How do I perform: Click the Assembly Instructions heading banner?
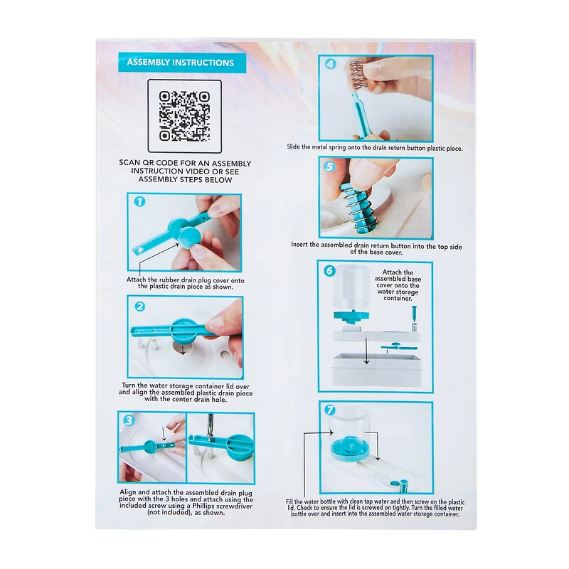(182, 63)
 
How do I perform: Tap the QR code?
(184, 116)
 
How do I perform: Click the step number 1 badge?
(139, 202)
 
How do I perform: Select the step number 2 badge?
(139, 307)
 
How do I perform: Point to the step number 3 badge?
(129, 420)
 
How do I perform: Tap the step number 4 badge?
(330, 64)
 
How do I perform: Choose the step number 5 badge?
(329, 166)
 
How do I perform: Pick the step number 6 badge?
(329, 271)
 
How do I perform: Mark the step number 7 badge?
(329, 410)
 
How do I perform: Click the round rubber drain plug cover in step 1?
(189, 237)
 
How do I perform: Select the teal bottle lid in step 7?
(350, 450)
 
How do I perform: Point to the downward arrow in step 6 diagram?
(366, 351)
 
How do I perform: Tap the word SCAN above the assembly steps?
(130, 163)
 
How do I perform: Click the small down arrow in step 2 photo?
(183, 349)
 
